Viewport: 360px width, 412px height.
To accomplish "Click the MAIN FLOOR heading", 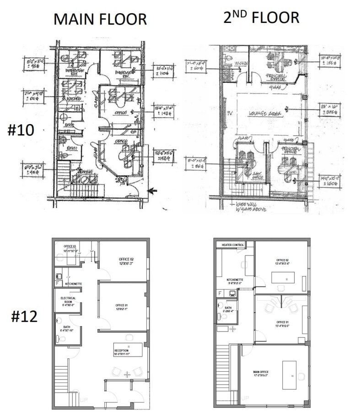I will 100,19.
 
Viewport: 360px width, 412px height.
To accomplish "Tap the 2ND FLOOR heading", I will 261,17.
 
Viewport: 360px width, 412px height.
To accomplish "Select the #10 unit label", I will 21,130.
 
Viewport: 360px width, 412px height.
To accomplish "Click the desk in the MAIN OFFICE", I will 289,374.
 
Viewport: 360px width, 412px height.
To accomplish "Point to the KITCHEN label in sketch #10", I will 73,98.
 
